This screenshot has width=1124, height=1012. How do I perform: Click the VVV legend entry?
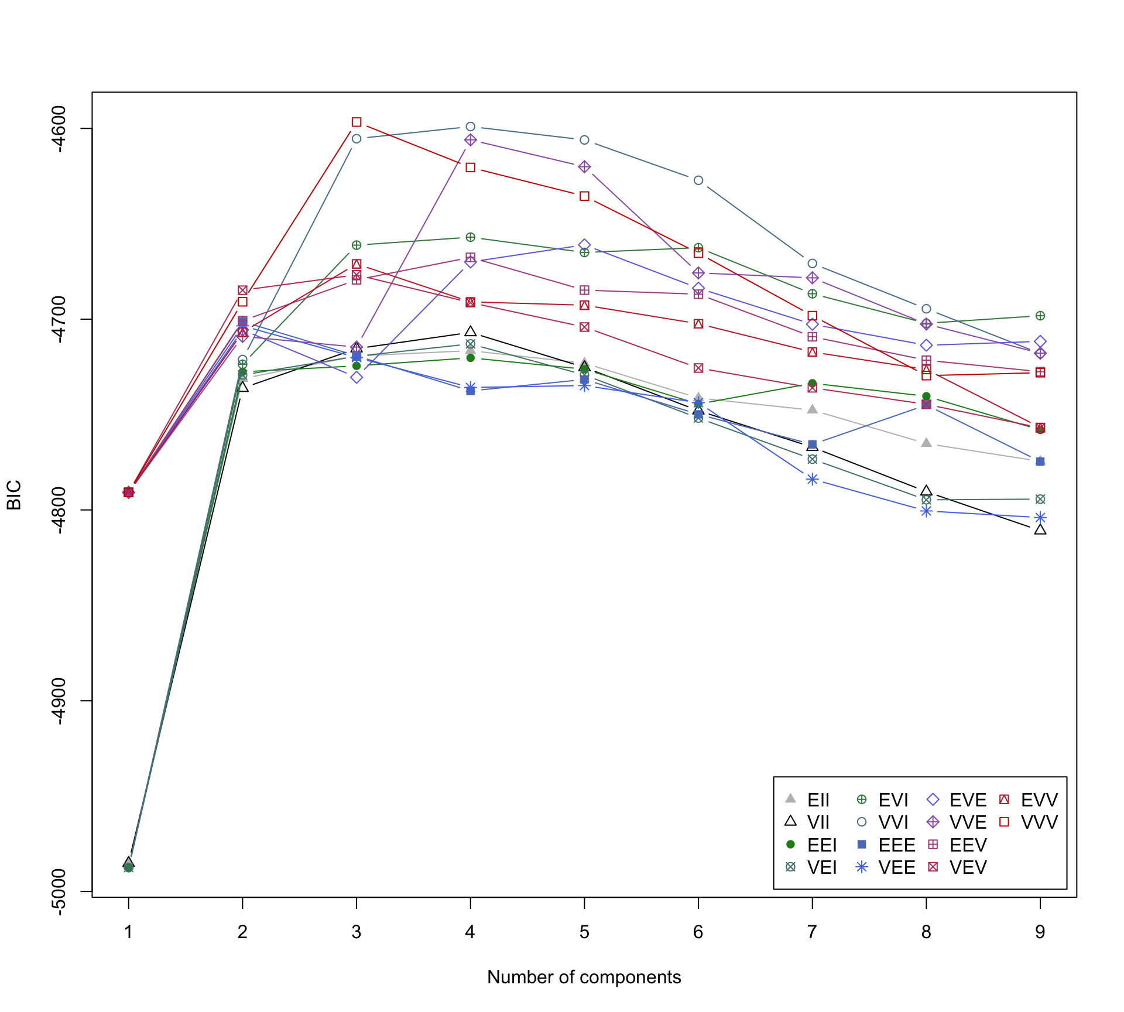coord(1030,822)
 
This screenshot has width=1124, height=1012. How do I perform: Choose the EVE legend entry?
coord(958,800)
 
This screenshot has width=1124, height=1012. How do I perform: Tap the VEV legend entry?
coord(958,867)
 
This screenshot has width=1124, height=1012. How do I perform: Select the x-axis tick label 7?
coord(812,932)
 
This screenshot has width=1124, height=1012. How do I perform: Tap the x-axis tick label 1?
coord(129,932)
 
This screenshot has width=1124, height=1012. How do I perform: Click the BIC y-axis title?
coord(14,495)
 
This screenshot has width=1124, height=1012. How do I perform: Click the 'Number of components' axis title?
coord(584,977)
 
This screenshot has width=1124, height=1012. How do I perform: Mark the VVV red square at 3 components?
coord(357,122)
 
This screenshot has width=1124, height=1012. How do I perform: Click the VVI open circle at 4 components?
coord(470,126)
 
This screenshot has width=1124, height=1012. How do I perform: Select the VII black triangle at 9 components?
coord(1040,530)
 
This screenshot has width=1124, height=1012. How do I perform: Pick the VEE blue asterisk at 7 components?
coord(812,480)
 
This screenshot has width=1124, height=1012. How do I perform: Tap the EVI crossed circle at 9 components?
coord(1040,316)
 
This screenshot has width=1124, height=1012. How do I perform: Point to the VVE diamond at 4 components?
coord(470,140)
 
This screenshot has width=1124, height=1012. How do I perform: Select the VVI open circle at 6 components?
coord(698,180)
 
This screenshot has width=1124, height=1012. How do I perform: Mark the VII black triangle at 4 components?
coord(470,332)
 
